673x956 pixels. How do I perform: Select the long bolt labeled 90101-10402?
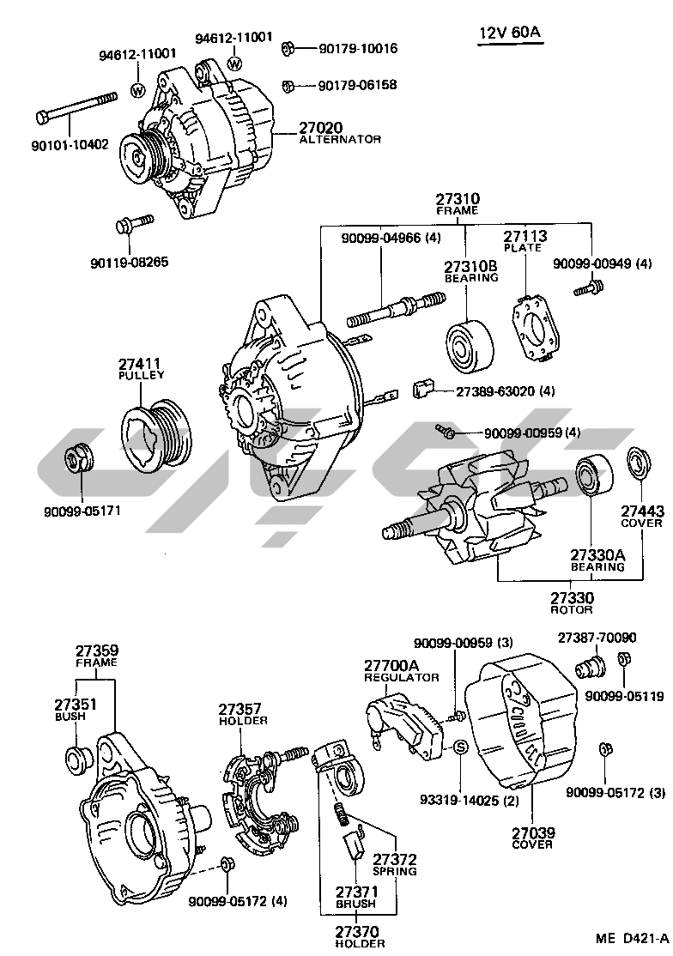coord(76,106)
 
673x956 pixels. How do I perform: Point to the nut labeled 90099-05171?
coord(79,458)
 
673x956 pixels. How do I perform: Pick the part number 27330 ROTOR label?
coord(571,597)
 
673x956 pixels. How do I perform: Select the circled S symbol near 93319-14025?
coord(459,747)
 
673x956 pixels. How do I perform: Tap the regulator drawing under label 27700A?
coord(403,722)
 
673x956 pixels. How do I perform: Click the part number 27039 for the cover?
coord(532,832)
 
